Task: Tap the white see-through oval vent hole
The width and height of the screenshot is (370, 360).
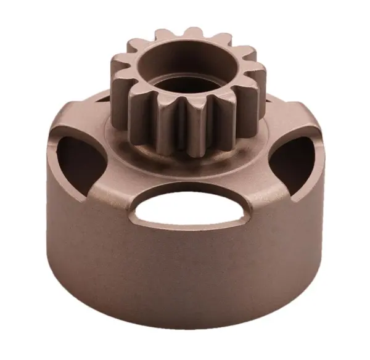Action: coord(184,209)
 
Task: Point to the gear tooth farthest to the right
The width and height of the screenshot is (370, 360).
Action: coord(258,83)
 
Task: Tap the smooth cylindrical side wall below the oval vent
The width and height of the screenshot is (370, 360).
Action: coord(185,271)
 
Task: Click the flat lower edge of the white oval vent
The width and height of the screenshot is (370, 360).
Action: coord(184,224)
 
